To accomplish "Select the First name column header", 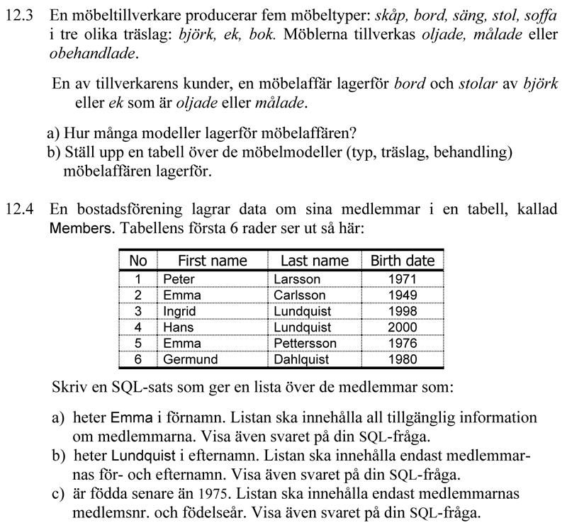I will [212, 261].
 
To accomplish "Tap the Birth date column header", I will [402, 261].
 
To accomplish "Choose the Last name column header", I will [315, 261].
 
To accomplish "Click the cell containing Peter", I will [179, 279].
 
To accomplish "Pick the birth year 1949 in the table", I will [403, 295].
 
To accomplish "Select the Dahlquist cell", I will [301, 359].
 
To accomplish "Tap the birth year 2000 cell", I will [403, 327].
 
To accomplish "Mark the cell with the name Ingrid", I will [179, 311].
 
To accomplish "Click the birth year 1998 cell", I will [403, 311].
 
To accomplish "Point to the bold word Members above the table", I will [82, 229].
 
